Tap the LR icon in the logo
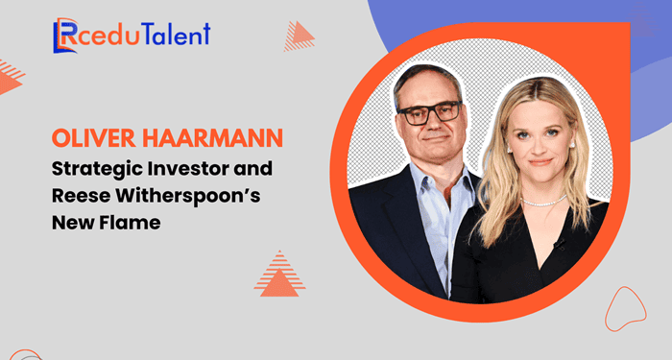pyautogui.click(x=66, y=36)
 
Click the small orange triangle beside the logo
pyautogui.click(x=300, y=36)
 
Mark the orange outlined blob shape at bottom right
pyautogui.click(x=625, y=308)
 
